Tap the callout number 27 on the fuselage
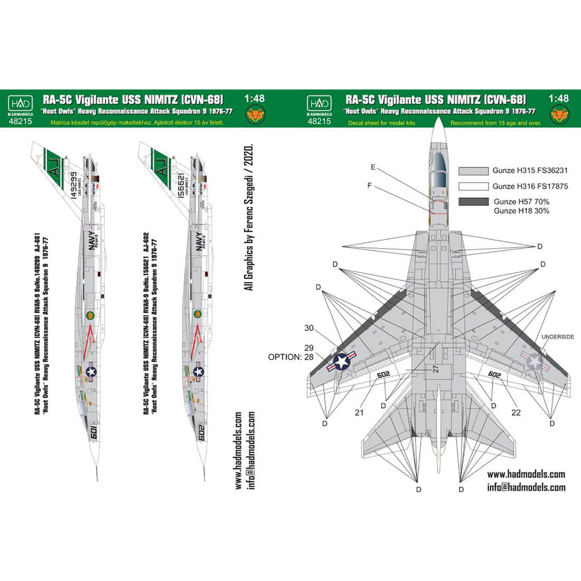pos(436,368)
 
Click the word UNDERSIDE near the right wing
pos(557,337)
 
